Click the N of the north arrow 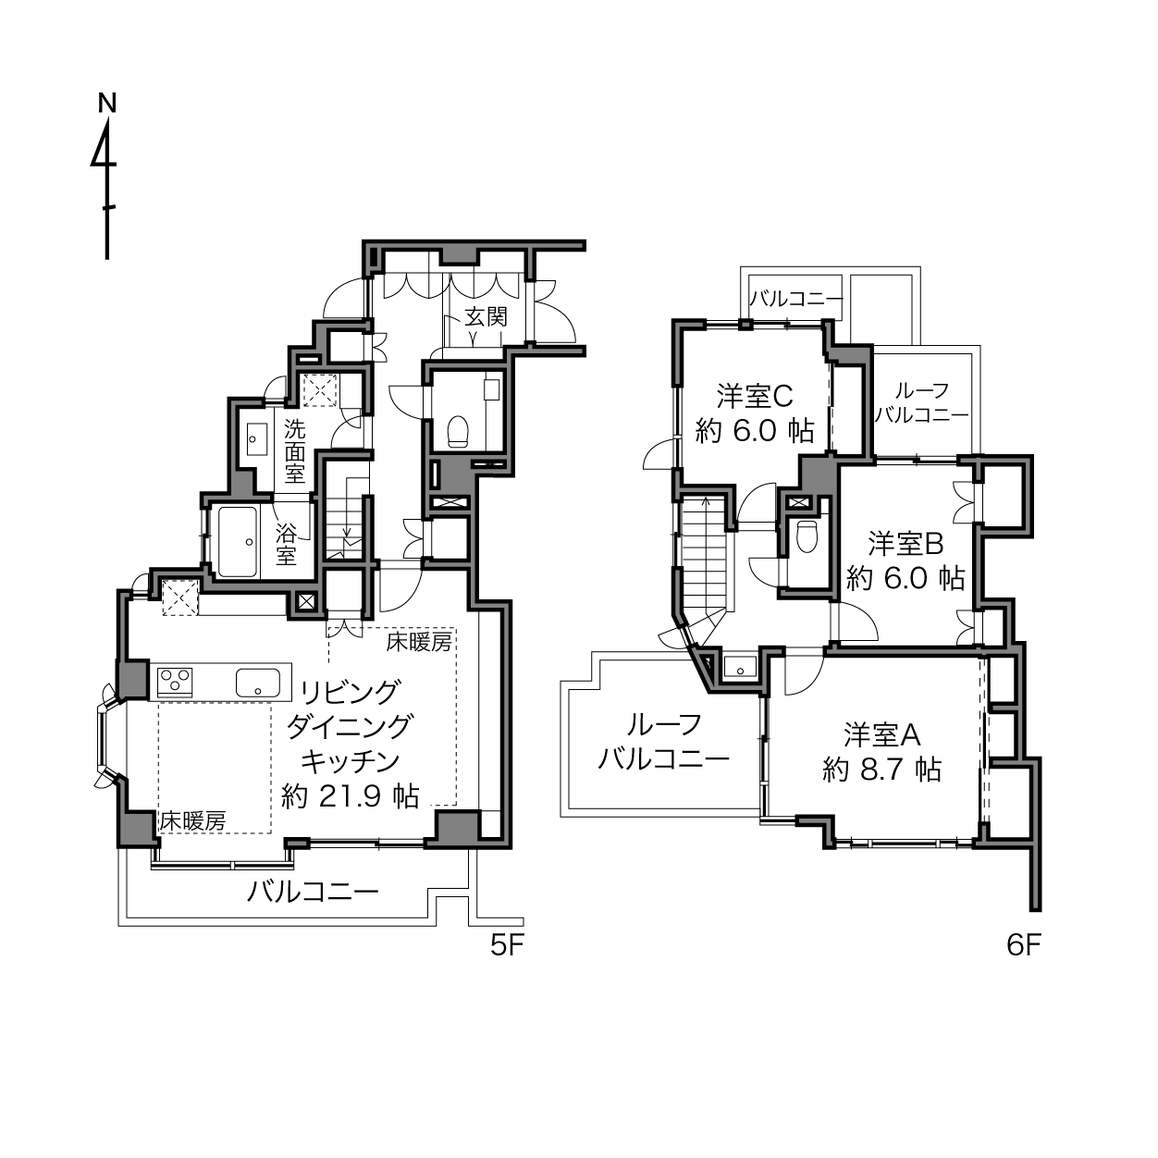pyautogui.click(x=107, y=104)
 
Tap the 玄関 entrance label pyautogui.click(x=486, y=316)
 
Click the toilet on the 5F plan pyautogui.click(x=458, y=431)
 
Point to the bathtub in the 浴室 pyautogui.click(x=238, y=541)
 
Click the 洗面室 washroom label pyautogui.click(x=294, y=451)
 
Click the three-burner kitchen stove pyautogui.click(x=175, y=682)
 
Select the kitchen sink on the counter pyautogui.click(x=258, y=683)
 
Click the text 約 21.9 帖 pyautogui.click(x=351, y=797)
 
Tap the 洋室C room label pyautogui.click(x=754, y=395)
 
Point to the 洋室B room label pyautogui.click(x=905, y=545)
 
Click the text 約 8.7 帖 pyautogui.click(x=881, y=770)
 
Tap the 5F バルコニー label pyautogui.click(x=314, y=892)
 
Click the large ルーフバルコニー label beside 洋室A pyautogui.click(x=663, y=742)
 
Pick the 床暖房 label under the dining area pyautogui.click(x=192, y=821)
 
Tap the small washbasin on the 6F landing pyautogui.click(x=740, y=668)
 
